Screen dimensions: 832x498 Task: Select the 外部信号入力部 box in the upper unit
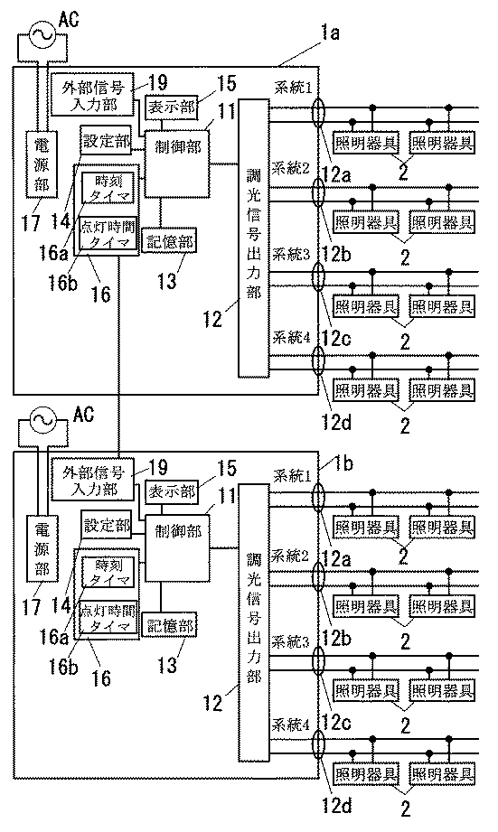click(91, 92)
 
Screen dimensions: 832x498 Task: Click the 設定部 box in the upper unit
click(106, 142)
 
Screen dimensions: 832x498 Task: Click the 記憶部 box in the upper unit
click(166, 240)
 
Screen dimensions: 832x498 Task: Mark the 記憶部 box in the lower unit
click(166, 626)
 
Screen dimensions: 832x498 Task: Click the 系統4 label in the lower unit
click(292, 725)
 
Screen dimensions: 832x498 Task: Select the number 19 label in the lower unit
click(159, 469)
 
